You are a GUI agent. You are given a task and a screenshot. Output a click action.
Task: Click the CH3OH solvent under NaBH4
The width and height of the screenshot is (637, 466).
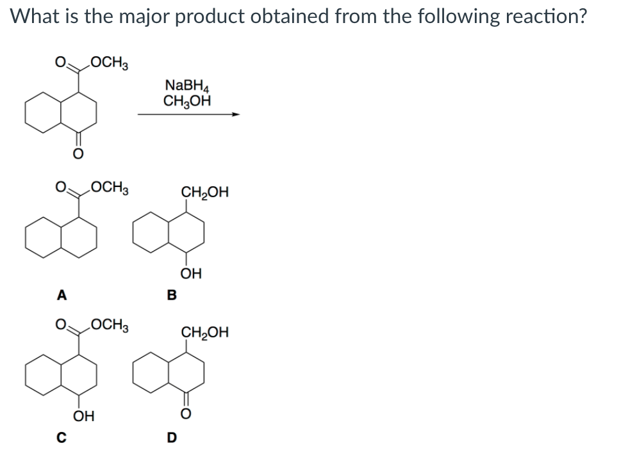[186, 100]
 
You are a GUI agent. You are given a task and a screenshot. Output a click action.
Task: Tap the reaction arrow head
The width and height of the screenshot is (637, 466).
[236, 115]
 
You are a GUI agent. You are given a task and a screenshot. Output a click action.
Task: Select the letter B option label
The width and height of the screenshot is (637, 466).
[170, 295]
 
